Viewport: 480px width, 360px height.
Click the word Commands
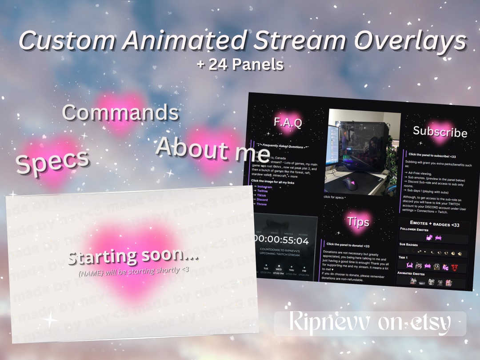[120, 113]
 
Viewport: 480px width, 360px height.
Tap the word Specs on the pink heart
[52, 161]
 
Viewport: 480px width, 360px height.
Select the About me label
[213, 149]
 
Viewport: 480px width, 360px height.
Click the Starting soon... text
[132, 257]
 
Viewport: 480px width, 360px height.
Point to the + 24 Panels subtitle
[240, 64]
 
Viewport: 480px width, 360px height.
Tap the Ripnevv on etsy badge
[370, 324]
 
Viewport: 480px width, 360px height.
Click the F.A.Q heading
[288, 122]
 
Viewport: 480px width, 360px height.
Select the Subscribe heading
[440, 132]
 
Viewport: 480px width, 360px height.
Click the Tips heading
[358, 222]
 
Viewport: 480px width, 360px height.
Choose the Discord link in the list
[262, 200]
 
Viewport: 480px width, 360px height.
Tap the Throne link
[262, 204]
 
